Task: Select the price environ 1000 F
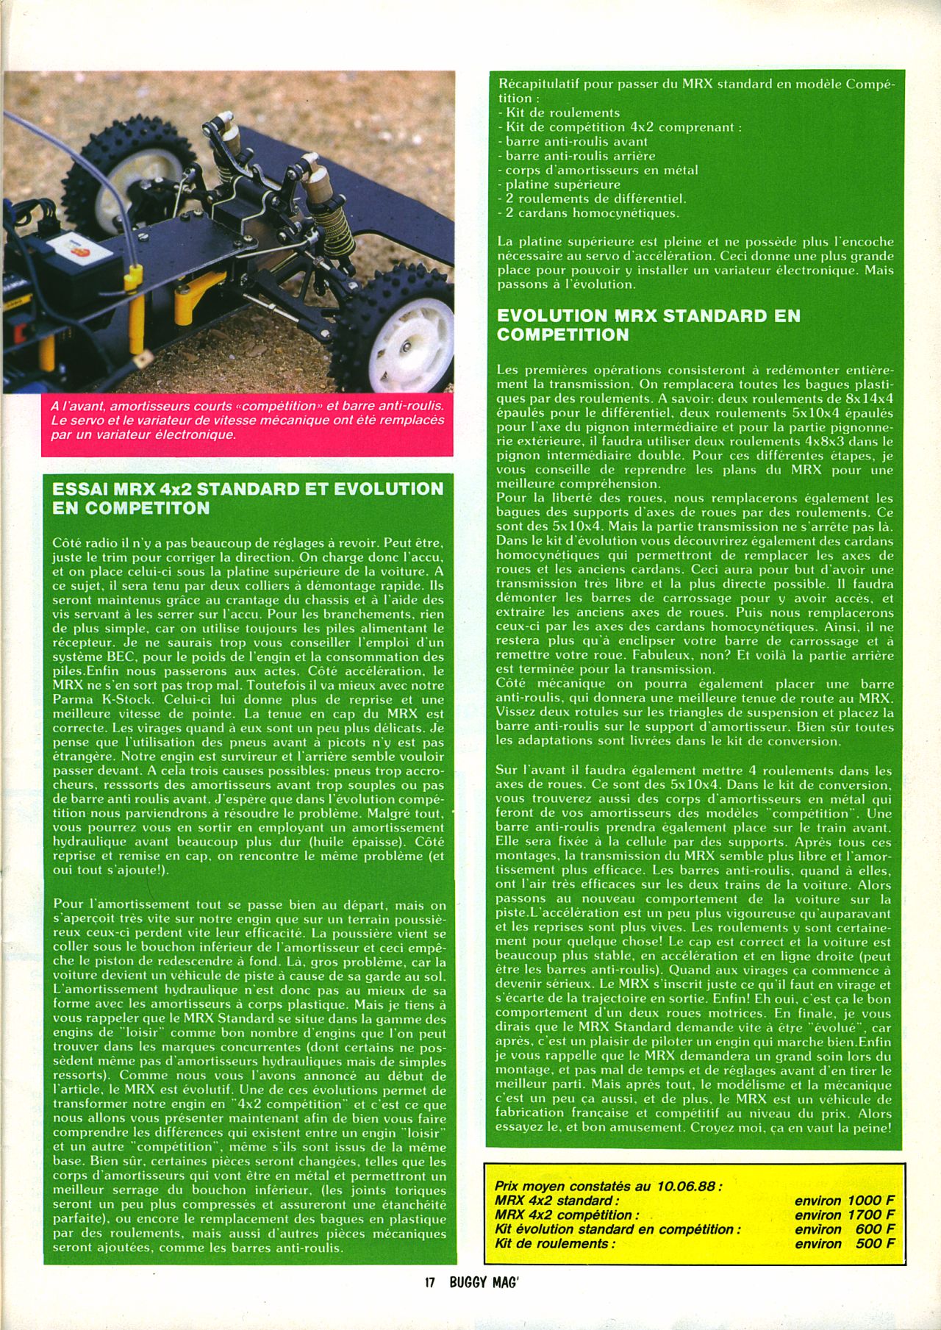coord(845,1201)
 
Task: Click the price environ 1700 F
coord(845,1215)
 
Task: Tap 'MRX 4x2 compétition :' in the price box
coord(567,1215)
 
